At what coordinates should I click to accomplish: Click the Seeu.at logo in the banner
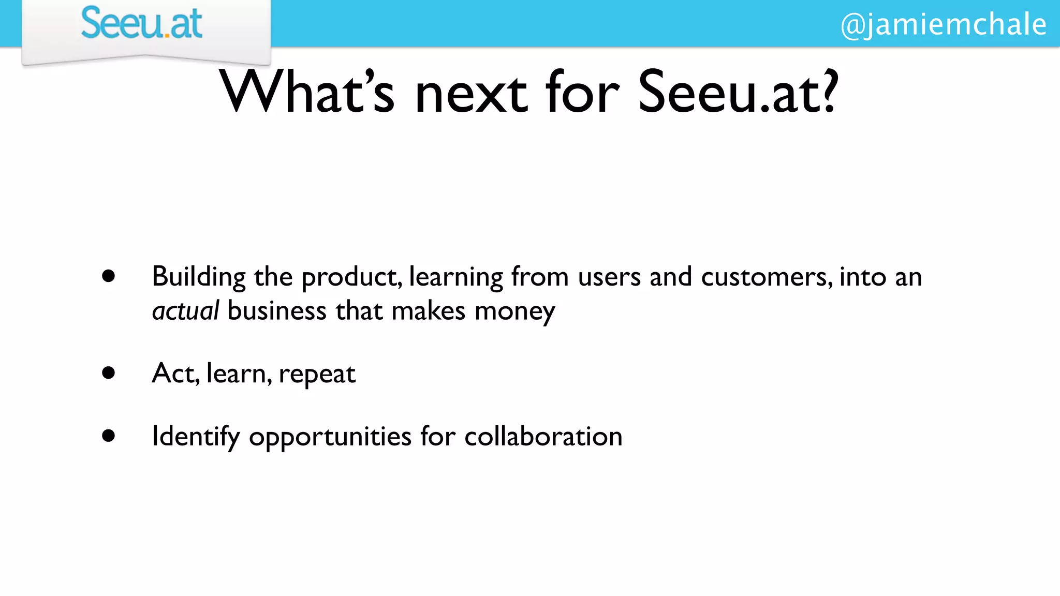pos(141,24)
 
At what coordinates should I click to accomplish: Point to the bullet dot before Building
pos(108,276)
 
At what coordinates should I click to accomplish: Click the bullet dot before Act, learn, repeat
pos(108,373)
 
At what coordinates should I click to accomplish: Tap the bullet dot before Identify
pos(108,436)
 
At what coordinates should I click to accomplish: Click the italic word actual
pos(185,311)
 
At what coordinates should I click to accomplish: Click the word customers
pos(767,277)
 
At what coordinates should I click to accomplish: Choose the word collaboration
pos(543,436)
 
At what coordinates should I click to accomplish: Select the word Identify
pos(196,437)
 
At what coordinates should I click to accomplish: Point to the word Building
pos(198,277)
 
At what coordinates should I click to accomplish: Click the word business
pos(277,311)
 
